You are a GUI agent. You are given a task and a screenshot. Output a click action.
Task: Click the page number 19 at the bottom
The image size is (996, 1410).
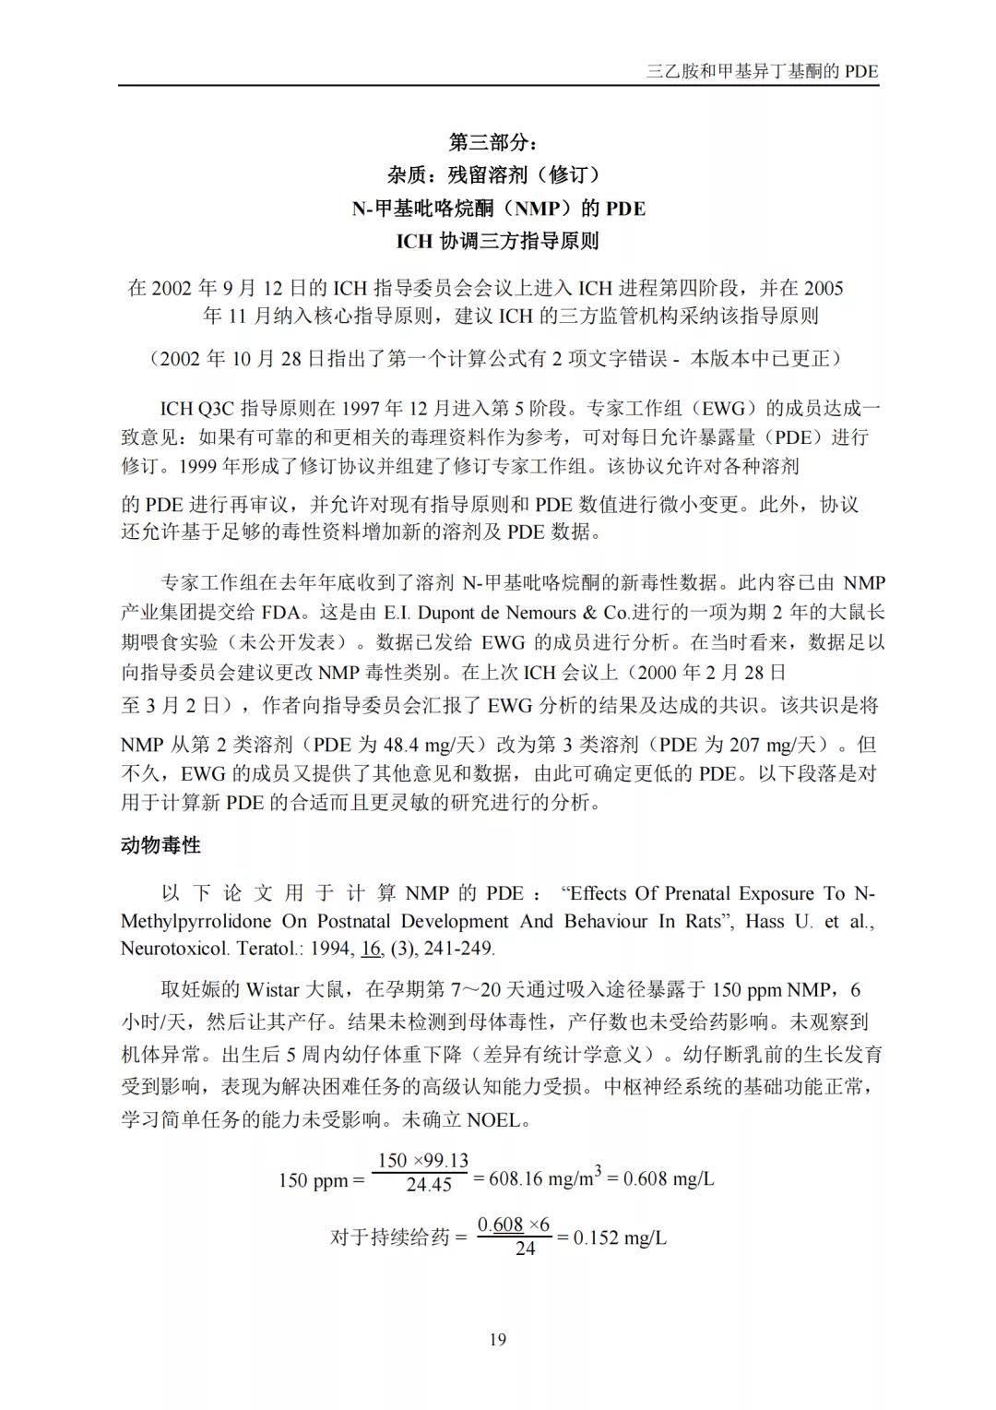[x=498, y=1339]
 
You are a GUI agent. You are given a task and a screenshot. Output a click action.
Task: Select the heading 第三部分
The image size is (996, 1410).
[x=497, y=142]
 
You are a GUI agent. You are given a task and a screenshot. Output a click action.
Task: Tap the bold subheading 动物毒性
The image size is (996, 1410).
[x=160, y=844]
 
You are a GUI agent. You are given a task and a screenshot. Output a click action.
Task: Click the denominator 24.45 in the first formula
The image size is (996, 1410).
[x=429, y=1185]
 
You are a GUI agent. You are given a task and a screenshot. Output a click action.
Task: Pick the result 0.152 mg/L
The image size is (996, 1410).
[x=619, y=1237]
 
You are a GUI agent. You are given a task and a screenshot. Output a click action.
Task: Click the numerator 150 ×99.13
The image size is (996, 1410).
[x=423, y=1160]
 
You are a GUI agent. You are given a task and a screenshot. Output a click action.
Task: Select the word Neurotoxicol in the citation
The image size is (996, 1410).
[x=174, y=948]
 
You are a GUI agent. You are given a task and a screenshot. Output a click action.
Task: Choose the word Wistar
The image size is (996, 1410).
[x=273, y=990]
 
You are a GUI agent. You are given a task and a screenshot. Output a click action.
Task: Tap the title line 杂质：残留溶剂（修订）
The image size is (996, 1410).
[x=497, y=174]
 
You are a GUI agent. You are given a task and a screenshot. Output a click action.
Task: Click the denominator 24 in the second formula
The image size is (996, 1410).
[x=525, y=1249]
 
